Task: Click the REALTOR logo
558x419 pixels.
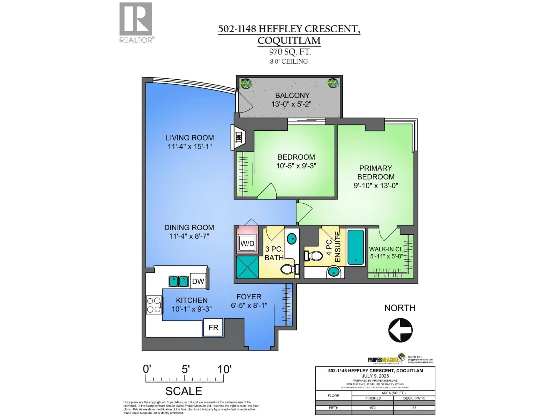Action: (136, 22)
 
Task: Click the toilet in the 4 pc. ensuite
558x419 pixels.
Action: (314, 256)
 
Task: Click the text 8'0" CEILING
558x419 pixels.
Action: (289, 61)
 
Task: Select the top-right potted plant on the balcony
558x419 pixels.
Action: (333, 83)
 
